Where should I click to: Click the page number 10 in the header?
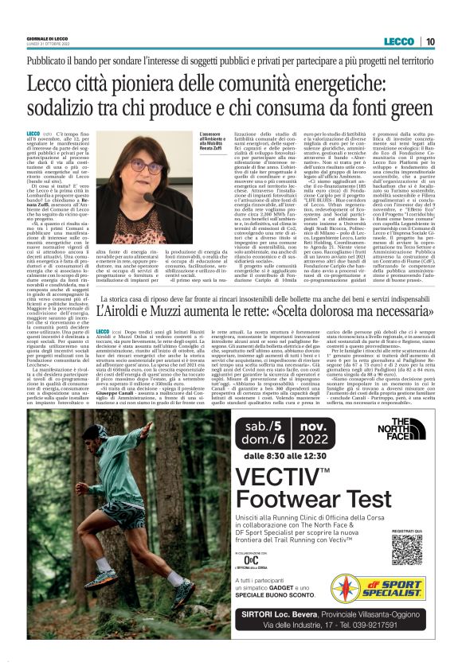[429, 41]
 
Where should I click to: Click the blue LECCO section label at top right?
[396, 41]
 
